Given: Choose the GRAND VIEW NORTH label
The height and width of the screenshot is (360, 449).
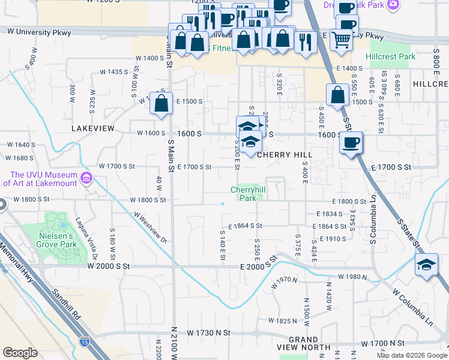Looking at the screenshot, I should (303, 343).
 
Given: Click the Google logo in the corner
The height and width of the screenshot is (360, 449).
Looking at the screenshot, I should (20, 353).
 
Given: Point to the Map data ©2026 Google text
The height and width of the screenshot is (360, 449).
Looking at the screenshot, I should (411, 355).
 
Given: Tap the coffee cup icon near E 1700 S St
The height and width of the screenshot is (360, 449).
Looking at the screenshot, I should (351, 143).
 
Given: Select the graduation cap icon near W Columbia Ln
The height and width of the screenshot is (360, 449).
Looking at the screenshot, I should (426, 265).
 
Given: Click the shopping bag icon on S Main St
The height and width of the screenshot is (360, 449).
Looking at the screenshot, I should (161, 103).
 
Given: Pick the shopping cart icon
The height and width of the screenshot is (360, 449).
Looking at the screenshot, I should (341, 40).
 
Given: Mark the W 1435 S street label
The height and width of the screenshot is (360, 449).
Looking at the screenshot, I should (114, 72).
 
